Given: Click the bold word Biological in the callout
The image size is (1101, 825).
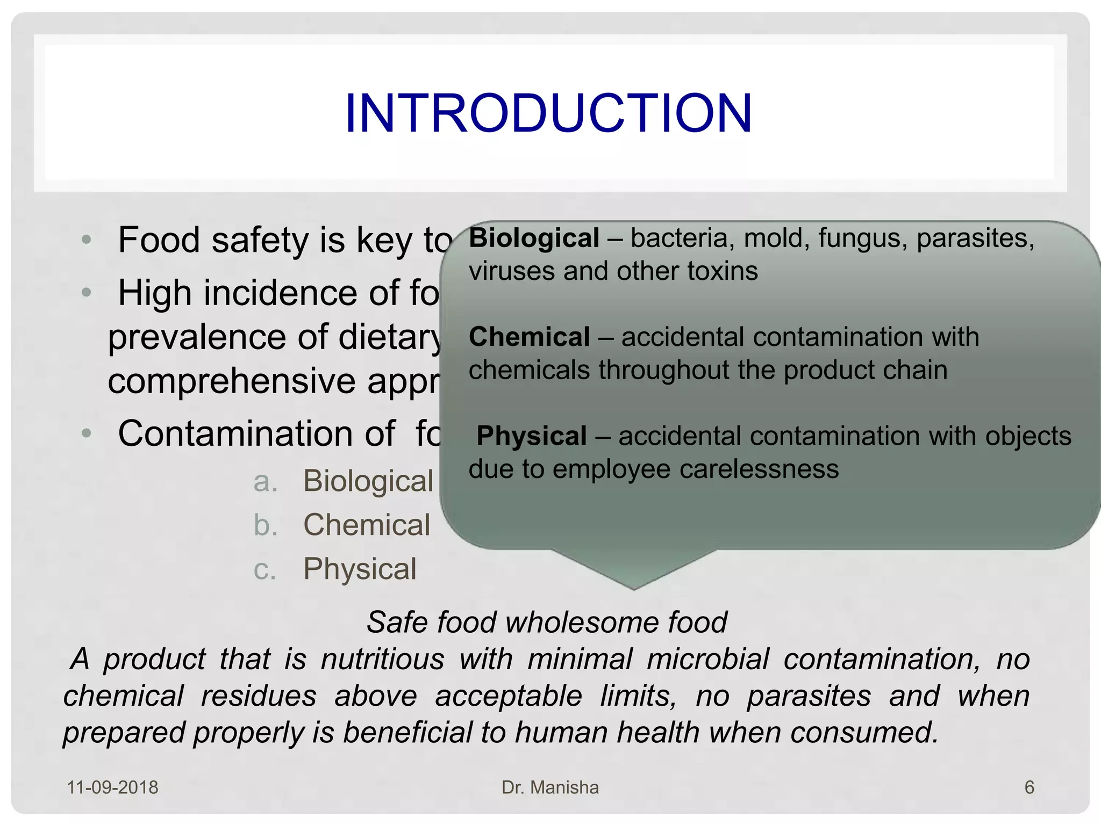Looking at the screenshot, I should pyautogui.click(x=534, y=238).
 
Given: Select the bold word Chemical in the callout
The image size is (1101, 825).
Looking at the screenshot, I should pyautogui.click(x=530, y=337).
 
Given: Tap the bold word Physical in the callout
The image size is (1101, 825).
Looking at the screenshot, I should pyautogui.click(x=531, y=436).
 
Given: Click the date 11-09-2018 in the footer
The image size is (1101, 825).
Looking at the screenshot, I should pyautogui.click(x=112, y=787).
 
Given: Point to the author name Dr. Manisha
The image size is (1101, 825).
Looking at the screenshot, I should pyautogui.click(x=550, y=787).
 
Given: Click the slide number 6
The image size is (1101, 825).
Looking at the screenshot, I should pyautogui.click(x=1029, y=787).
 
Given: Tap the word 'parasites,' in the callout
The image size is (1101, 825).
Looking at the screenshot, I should pyautogui.click(x=975, y=238).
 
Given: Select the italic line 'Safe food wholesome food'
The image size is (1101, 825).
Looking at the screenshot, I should pyautogui.click(x=547, y=623).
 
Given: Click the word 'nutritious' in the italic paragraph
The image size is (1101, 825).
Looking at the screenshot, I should pyautogui.click(x=382, y=659).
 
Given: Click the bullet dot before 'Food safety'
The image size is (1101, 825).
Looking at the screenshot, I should pyautogui.click(x=87, y=240).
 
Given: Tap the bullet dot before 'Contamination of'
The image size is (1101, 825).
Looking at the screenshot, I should pyautogui.click(x=87, y=433).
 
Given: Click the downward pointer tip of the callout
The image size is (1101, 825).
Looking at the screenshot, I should pyautogui.click(x=634, y=588).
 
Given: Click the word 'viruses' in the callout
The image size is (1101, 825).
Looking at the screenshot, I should pyautogui.click(x=512, y=271).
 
